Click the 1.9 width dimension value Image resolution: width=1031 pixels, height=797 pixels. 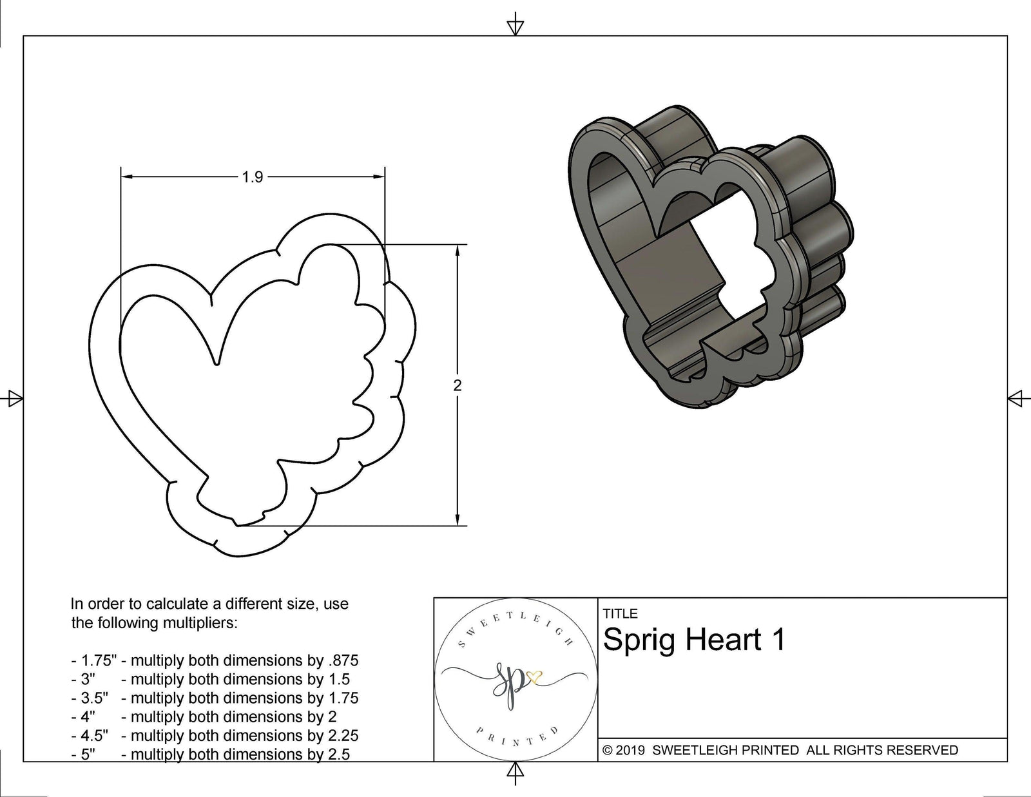[x=253, y=177]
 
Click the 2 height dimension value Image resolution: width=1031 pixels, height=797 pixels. [x=458, y=386]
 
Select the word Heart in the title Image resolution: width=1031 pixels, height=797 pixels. [x=721, y=640]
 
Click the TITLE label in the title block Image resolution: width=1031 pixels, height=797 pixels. [x=620, y=614]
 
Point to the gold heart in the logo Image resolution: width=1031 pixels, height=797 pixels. [x=534, y=677]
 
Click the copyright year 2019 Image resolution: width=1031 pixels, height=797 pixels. [x=631, y=750]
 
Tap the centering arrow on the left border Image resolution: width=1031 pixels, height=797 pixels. [x=14, y=399]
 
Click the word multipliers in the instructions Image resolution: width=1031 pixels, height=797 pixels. [x=200, y=623]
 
